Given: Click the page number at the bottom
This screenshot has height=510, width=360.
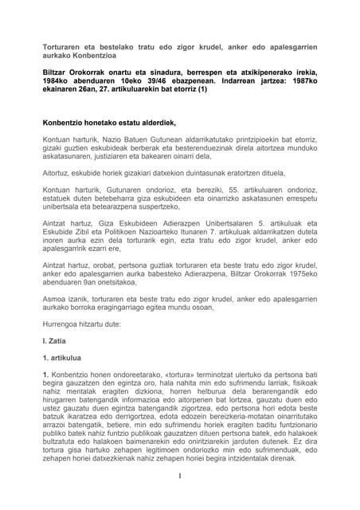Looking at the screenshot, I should click(182, 498).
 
